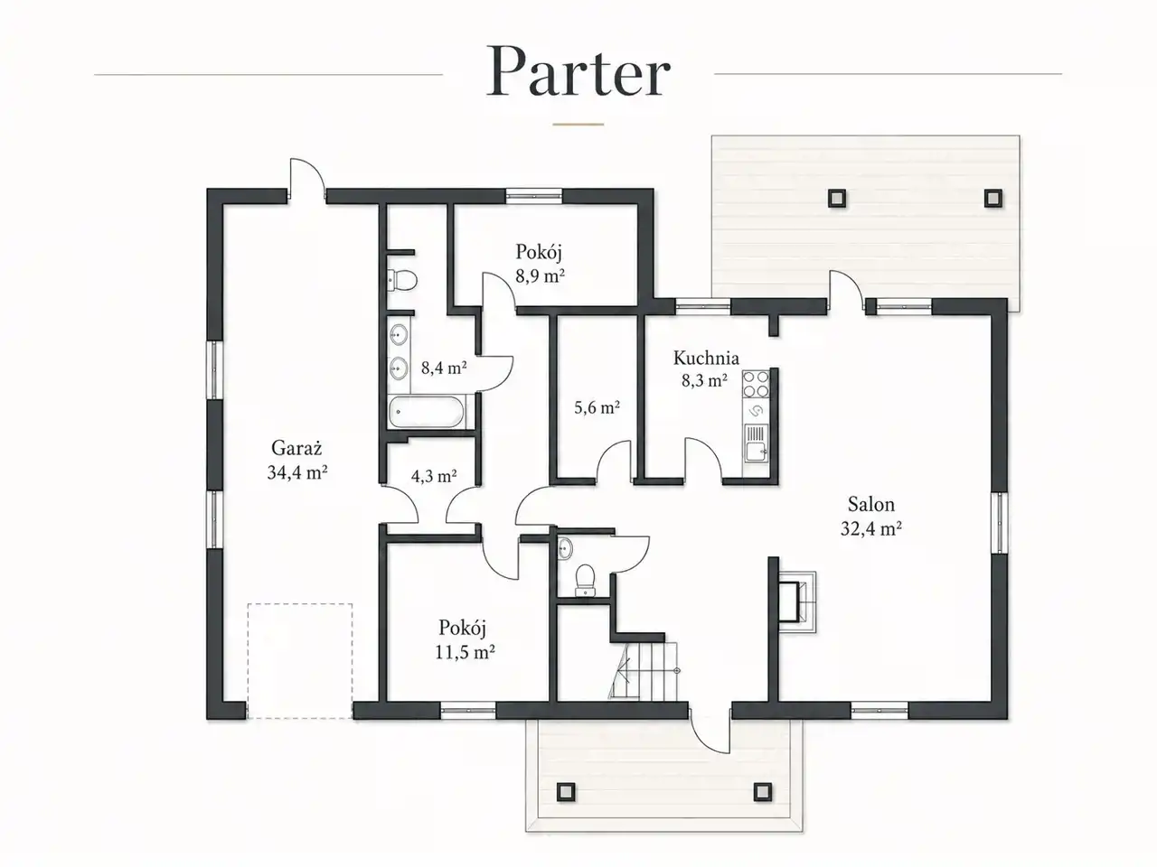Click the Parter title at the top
578,71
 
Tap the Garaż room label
296,448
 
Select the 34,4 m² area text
297,472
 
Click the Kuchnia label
706,358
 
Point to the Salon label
870,504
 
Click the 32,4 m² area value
870,528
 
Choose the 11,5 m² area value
465,652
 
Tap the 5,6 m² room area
597,407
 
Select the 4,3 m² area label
434,476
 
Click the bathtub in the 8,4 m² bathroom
427,412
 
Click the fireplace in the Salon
797,602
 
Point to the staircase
643,672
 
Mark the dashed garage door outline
300,661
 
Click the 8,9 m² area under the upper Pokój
540,275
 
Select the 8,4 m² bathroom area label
444,367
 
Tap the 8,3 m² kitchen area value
705,380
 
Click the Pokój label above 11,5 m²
462,628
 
